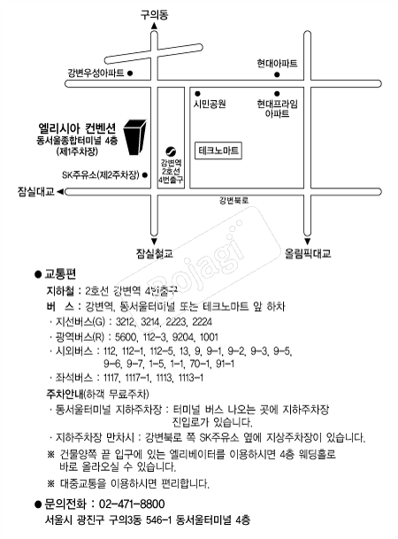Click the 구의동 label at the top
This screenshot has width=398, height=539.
pos(154,15)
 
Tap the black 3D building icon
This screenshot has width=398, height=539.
pos(135,137)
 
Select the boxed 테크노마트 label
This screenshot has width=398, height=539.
pos(218,150)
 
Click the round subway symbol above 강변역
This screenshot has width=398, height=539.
pos(171,151)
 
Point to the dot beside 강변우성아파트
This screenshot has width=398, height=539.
pos(130,73)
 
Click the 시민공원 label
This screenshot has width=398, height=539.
pos(210,104)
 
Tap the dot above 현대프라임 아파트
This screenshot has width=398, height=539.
pos(277,94)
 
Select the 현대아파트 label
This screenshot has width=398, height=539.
pos(277,63)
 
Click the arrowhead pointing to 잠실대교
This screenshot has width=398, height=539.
pos(60,192)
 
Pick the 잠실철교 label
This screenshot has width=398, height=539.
pos(155,254)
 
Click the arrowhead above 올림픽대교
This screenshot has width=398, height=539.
pos(308,242)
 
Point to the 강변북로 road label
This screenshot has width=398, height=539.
pos(233,200)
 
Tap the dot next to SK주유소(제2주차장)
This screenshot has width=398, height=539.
pos(145,175)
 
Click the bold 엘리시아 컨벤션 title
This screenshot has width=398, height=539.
pos(77,128)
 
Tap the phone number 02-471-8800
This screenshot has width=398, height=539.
pos(132,504)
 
